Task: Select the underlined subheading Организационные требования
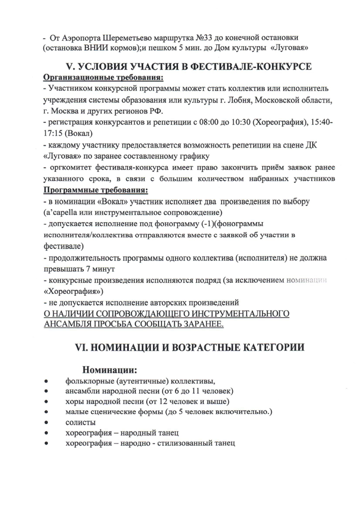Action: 104,78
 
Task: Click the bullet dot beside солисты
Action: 46,423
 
